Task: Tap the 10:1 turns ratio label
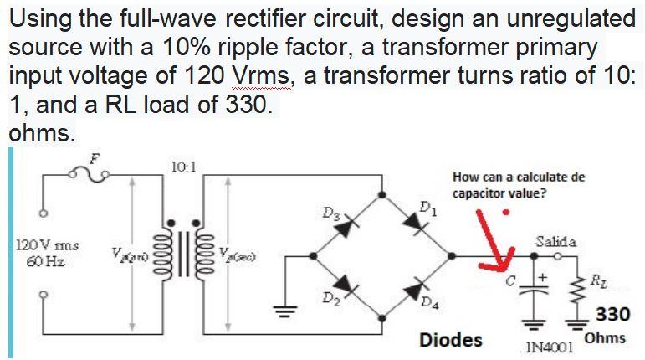pos(182,165)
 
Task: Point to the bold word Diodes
pos(450,340)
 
